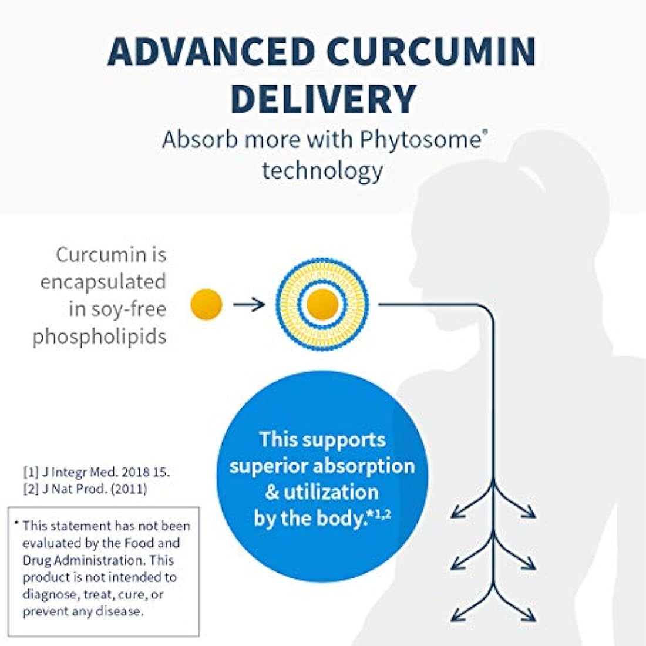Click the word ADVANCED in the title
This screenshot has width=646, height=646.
click(x=210, y=52)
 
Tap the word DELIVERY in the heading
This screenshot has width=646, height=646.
click(x=323, y=99)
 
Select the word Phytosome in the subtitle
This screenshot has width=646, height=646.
click(x=420, y=140)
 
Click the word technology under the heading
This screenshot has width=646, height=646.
click(x=323, y=170)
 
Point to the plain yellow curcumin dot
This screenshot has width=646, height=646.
click(x=206, y=304)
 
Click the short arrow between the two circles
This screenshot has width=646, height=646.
click(x=249, y=305)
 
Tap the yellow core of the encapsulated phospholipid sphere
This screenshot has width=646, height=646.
click(x=322, y=304)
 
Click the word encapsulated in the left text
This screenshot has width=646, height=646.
click(x=103, y=282)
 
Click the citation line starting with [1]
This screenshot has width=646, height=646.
click(x=97, y=472)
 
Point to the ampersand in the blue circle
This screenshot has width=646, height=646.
click(x=272, y=492)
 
